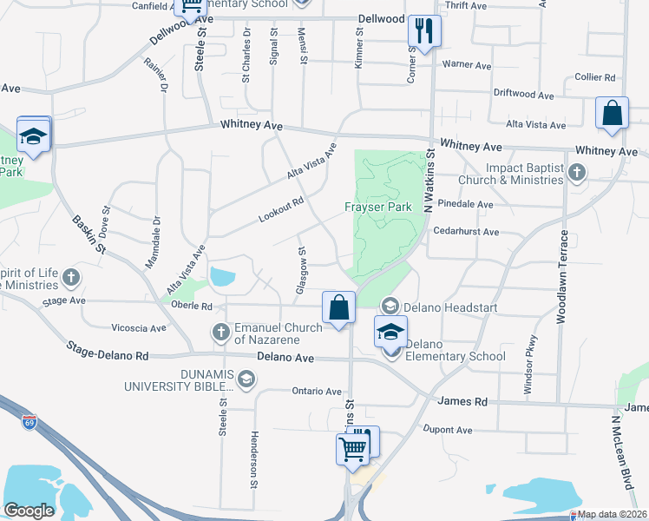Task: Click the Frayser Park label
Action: click(x=377, y=208)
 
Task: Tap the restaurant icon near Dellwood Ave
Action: click(x=424, y=32)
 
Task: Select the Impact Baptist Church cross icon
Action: click(x=576, y=173)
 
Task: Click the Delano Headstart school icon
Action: click(x=390, y=305)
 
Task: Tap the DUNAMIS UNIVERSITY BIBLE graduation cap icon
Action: click(x=247, y=378)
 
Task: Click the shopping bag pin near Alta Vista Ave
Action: click(x=612, y=113)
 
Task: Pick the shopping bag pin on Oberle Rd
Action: click(x=338, y=307)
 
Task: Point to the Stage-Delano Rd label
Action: click(x=108, y=352)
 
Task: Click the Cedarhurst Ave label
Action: click(x=468, y=232)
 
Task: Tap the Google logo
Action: click(x=29, y=511)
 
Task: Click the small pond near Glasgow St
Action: click(x=222, y=278)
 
